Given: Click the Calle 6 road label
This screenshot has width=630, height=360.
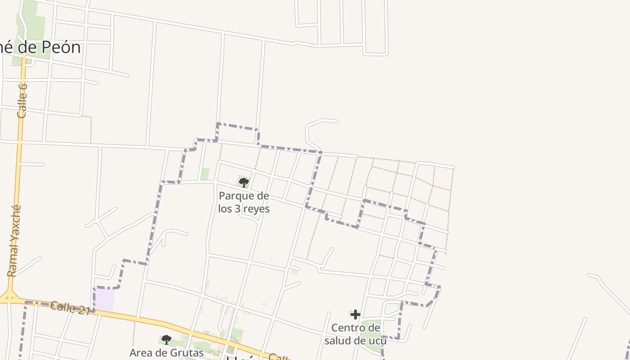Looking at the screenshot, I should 22,100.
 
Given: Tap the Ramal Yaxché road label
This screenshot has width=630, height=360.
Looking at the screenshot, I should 14,241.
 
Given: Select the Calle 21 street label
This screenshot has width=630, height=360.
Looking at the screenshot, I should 70,308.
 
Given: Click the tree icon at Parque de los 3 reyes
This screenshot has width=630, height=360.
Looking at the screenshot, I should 244,182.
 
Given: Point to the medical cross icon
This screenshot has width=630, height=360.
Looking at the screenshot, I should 355,315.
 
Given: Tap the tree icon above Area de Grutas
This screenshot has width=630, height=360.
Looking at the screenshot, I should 166,339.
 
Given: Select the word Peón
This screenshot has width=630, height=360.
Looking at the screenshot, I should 62,48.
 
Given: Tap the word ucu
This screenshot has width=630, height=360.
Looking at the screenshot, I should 378,340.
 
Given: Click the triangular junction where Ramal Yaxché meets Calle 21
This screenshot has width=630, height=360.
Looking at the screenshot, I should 9,296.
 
